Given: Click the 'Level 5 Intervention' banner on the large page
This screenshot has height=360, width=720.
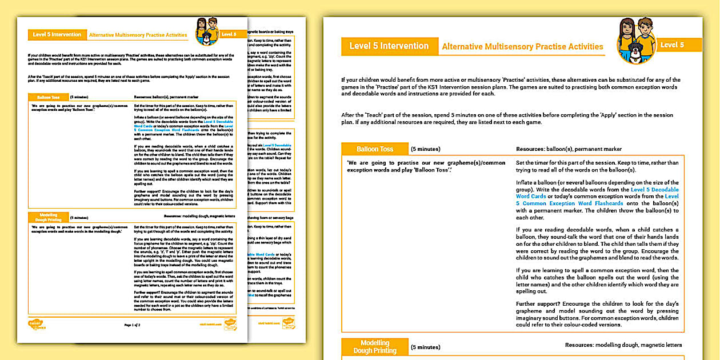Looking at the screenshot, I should pyautogui.click(x=389, y=46).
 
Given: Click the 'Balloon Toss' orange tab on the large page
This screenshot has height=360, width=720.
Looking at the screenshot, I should pyautogui.click(x=375, y=149).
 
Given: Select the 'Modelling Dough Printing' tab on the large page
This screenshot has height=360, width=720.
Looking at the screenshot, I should pyautogui.click(x=375, y=347).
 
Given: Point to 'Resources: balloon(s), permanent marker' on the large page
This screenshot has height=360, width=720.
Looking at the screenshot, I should pyautogui.click(x=569, y=149).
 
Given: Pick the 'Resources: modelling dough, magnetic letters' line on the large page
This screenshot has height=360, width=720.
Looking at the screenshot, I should pyautogui.click(x=623, y=345).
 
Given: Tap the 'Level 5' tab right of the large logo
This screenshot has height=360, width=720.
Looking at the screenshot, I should pyautogui.click(x=672, y=45).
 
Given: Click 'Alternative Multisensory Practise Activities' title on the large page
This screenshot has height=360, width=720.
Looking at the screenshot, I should pyautogui.click(x=522, y=47).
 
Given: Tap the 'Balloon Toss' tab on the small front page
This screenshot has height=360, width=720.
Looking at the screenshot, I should pyautogui.click(x=48, y=97).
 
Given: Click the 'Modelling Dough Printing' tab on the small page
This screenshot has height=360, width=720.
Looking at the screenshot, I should pyautogui.click(x=48, y=218).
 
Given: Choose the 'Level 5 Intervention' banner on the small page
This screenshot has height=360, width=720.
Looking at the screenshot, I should pyautogui.click(x=57, y=35).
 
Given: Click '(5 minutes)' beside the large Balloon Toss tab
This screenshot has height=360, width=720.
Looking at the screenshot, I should pyautogui.click(x=426, y=149).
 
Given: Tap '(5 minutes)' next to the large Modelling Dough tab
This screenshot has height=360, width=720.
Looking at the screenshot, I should pyautogui.click(x=426, y=347).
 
